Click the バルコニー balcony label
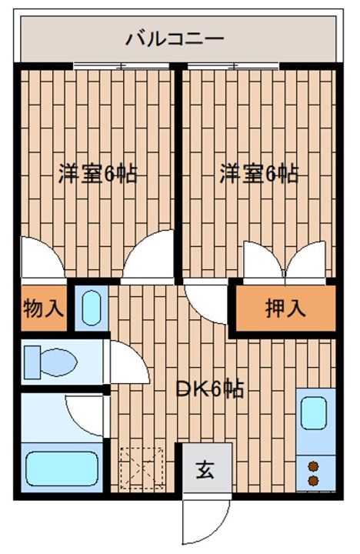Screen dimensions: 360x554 175,38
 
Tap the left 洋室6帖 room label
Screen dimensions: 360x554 98,173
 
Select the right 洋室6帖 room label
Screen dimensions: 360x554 259,173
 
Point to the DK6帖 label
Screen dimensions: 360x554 210,389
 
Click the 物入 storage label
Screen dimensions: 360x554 43,308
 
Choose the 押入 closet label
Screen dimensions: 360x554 285,308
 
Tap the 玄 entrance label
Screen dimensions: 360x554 205,470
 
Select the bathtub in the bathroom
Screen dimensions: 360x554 62,469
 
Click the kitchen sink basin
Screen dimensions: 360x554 313,413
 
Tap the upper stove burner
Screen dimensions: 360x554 313,467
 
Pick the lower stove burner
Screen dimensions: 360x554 313,480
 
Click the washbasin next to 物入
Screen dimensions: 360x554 92,308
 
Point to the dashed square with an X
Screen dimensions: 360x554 142,469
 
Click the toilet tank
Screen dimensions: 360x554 32,362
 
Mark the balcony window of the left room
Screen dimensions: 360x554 122,65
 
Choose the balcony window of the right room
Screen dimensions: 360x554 233,65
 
